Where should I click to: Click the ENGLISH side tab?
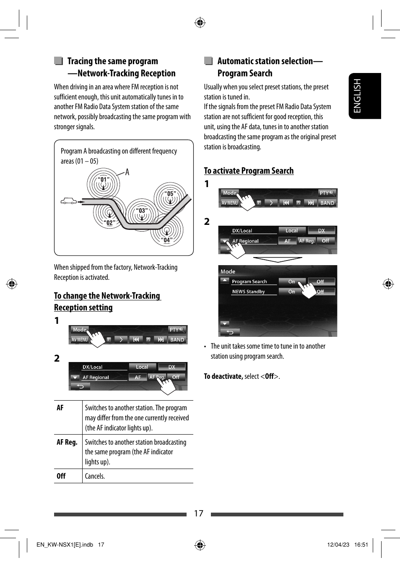[x=364, y=96]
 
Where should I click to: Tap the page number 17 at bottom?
[x=198, y=513]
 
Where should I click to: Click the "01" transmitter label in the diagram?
[x=104, y=180]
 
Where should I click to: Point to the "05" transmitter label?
[x=170, y=194]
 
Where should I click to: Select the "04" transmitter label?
[x=167, y=240]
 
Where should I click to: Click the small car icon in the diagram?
[x=69, y=201]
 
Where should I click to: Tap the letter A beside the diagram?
[x=127, y=172]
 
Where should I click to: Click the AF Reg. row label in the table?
[x=67, y=442]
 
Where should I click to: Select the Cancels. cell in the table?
[x=95, y=476]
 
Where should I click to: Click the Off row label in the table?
[x=61, y=476]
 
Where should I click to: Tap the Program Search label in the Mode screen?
[x=249, y=281]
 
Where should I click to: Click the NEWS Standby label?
[x=249, y=292]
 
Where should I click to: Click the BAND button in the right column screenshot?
[x=327, y=203]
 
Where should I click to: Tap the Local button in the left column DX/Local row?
[x=142, y=367]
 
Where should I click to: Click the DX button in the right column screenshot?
[x=321, y=230]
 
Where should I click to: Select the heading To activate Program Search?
[x=249, y=171]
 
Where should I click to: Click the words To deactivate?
[x=223, y=376]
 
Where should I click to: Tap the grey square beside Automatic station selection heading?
[x=208, y=61]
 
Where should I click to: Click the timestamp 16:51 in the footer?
[x=361, y=545]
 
